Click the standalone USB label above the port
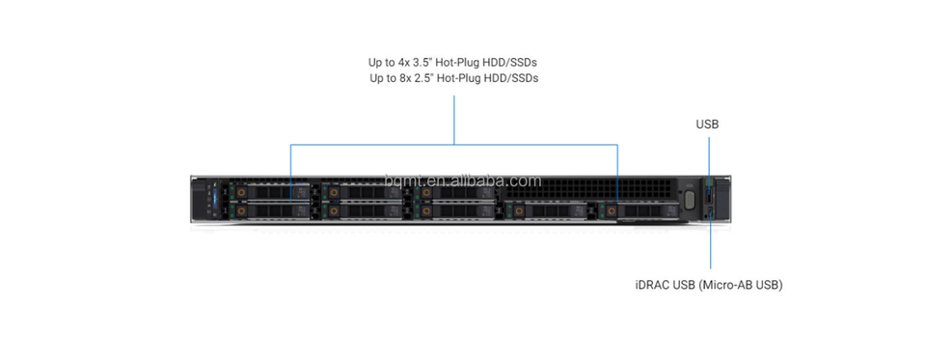(x=707, y=125)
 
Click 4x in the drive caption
(x=404, y=62)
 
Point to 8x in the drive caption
(x=405, y=78)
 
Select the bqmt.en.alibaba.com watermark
(x=462, y=180)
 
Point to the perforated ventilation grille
(x=588, y=189)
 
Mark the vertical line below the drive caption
(x=454, y=120)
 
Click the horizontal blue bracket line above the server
(x=454, y=144)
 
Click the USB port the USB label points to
(x=709, y=194)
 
